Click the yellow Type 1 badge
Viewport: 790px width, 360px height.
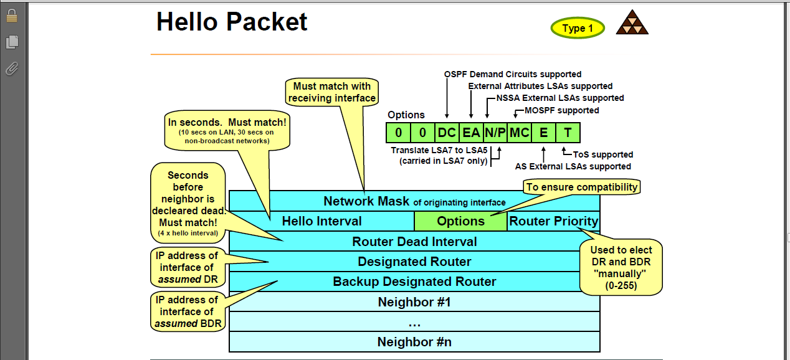(578, 28)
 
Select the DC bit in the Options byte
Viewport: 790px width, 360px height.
(447, 133)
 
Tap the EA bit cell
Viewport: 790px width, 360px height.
(471, 133)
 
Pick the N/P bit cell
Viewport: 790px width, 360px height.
(495, 133)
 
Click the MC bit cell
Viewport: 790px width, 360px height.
(519, 133)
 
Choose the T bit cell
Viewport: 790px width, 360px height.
(568, 133)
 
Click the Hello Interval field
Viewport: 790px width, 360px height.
(321, 221)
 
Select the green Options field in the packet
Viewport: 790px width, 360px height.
(460, 221)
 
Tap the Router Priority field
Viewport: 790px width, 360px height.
(553, 221)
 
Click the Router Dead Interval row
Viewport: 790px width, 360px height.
(414, 242)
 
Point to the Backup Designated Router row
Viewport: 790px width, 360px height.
(414, 282)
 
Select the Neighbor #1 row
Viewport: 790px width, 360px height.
(414, 302)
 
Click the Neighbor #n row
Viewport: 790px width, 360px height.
(414, 342)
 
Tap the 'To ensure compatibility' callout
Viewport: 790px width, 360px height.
(582, 187)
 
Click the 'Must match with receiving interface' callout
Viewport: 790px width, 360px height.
(332, 92)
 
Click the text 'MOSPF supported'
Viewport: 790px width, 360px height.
(558, 110)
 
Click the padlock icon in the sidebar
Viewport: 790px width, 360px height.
(12, 16)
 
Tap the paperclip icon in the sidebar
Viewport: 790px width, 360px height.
(12, 69)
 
